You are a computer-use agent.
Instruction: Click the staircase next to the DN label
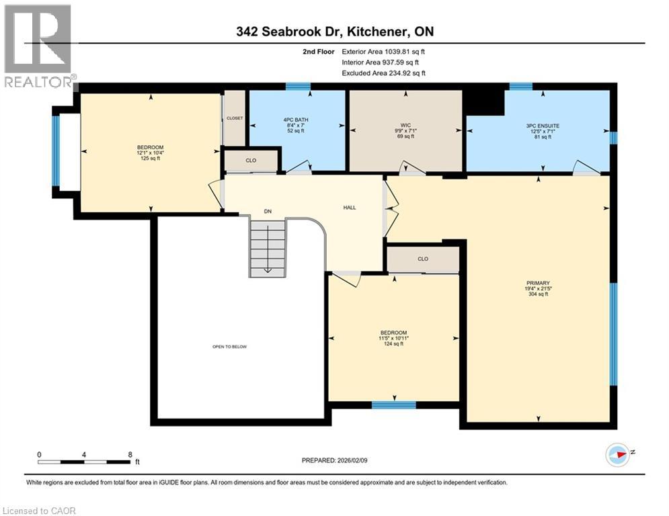click(267, 249)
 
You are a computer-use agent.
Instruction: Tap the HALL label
click(349, 208)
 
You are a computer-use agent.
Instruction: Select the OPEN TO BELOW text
click(229, 347)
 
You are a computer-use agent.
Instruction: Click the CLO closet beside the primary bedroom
click(423, 259)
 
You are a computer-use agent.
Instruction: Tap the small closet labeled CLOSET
click(234, 118)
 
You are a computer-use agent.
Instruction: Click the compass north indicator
click(618, 455)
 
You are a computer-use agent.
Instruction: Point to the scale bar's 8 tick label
click(129, 454)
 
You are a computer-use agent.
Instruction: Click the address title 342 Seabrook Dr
click(333, 32)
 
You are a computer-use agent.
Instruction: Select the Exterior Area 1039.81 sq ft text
click(383, 51)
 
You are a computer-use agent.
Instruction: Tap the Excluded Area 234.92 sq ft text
click(383, 73)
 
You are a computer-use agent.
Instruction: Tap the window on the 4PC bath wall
click(297, 86)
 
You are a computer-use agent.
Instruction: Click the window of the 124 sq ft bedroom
click(393, 404)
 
